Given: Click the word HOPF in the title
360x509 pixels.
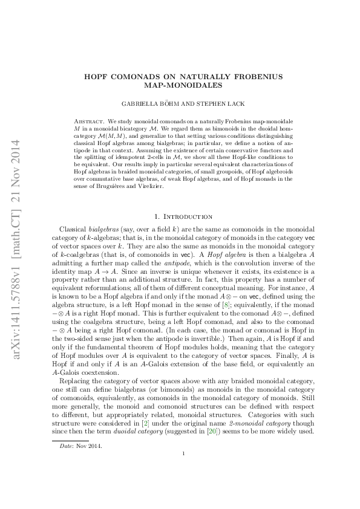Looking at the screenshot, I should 98,76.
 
